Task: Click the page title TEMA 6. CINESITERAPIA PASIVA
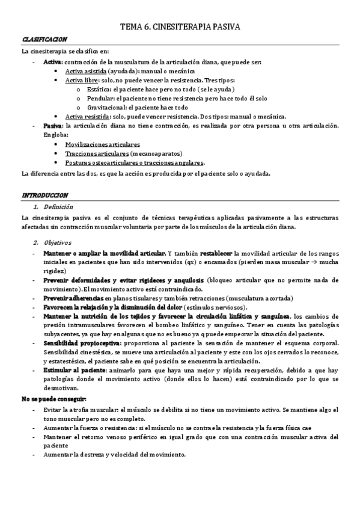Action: [x=181, y=27]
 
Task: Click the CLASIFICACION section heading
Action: [x=45, y=39]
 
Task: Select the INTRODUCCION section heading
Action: [x=45, y=195]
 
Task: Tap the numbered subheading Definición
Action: [x=55, y=206]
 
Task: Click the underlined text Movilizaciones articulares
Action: [x=102, y=144]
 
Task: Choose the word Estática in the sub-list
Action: [x=97, y=89]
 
